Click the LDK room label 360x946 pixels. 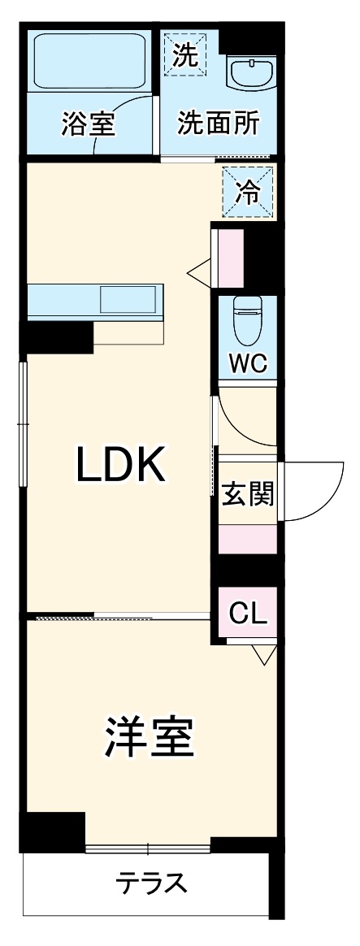[119, 465]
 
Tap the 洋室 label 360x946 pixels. [150, 736]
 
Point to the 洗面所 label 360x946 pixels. [218, 123]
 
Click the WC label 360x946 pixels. [247, 363]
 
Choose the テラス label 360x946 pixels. [151, 884]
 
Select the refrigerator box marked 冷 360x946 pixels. [249, 192]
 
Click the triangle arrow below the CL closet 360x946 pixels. [264, 654]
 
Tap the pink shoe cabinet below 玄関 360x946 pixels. [247, 540]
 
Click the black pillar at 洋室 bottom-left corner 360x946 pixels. [52, 832]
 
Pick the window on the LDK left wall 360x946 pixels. [23, 423]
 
